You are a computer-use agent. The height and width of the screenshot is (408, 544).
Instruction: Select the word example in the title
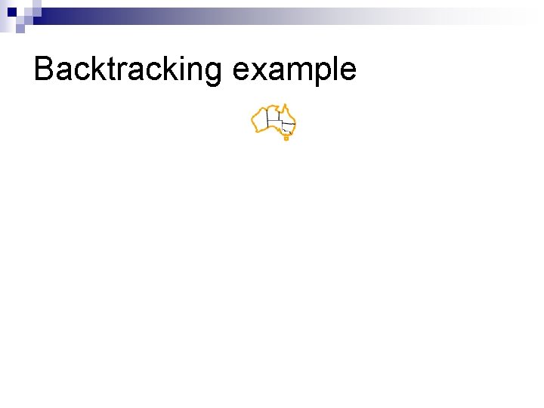pyautogui.click(x=295, y=70)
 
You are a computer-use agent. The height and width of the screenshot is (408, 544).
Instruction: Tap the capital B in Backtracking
pyautogui.click(x=44, y=70)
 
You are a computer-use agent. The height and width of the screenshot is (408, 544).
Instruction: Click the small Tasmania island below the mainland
pyautogui.click(x=286, y=138)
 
